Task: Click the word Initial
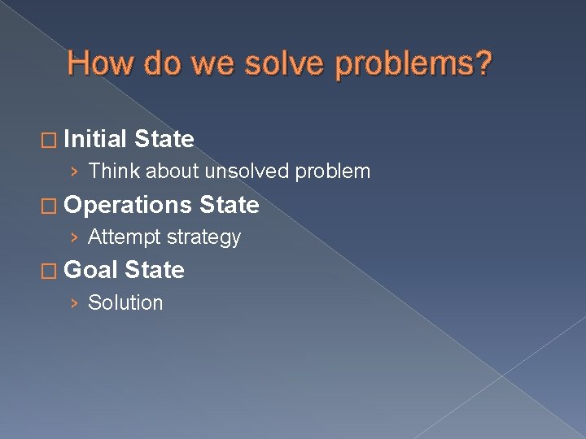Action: (x=95, y=139)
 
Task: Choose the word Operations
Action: (x=128, y=205)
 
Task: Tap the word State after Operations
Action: (x=229, y=205)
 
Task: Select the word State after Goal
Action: (x=155, y=270)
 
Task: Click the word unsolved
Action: (x=247, y=172)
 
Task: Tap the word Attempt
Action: (x=124, y=237)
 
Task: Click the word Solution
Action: (x=125, y=302)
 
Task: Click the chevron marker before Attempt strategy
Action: (x=75, y=237)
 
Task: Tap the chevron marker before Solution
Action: (x=75, y=303)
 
